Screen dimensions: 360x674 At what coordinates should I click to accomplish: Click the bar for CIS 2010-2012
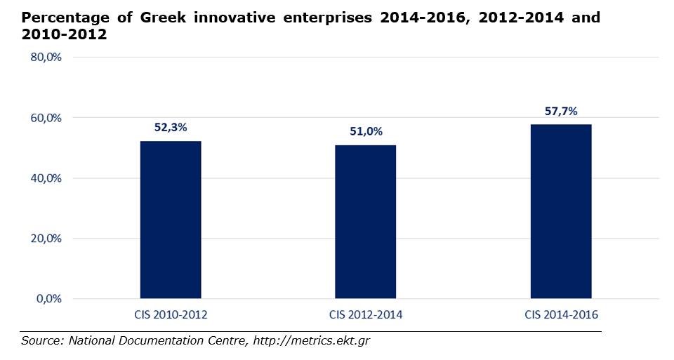tap(171, 220)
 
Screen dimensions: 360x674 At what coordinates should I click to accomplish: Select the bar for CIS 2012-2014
tap(365, 222)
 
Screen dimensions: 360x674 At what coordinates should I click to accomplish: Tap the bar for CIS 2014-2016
tap(560, 211)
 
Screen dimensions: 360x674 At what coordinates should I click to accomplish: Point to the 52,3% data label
tap(171, 128)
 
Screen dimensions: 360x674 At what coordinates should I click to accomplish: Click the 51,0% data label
tap(365, 131)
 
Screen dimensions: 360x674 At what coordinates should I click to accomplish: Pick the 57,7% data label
tap(561, 111)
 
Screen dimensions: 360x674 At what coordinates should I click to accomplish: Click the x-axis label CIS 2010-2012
tap(171, 315)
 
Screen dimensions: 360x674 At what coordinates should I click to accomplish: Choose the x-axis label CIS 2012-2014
tap(365, 315)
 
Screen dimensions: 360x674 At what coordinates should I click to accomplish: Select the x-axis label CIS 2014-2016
tap(561, 315)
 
